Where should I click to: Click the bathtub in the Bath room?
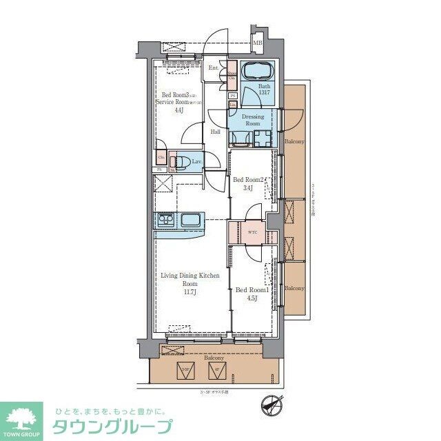coord(258,72)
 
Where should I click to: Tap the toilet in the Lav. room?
coord(182,162)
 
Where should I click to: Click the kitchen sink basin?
coord(191,221)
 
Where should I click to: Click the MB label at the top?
coord(258,45)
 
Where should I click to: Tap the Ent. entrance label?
coord(214,68)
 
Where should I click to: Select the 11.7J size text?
coord(189,291)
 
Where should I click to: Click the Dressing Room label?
coord(252,120)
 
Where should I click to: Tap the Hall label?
coord(216,132)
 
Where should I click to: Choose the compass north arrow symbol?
coord(274,405)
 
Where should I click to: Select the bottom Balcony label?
coord(214,358)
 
